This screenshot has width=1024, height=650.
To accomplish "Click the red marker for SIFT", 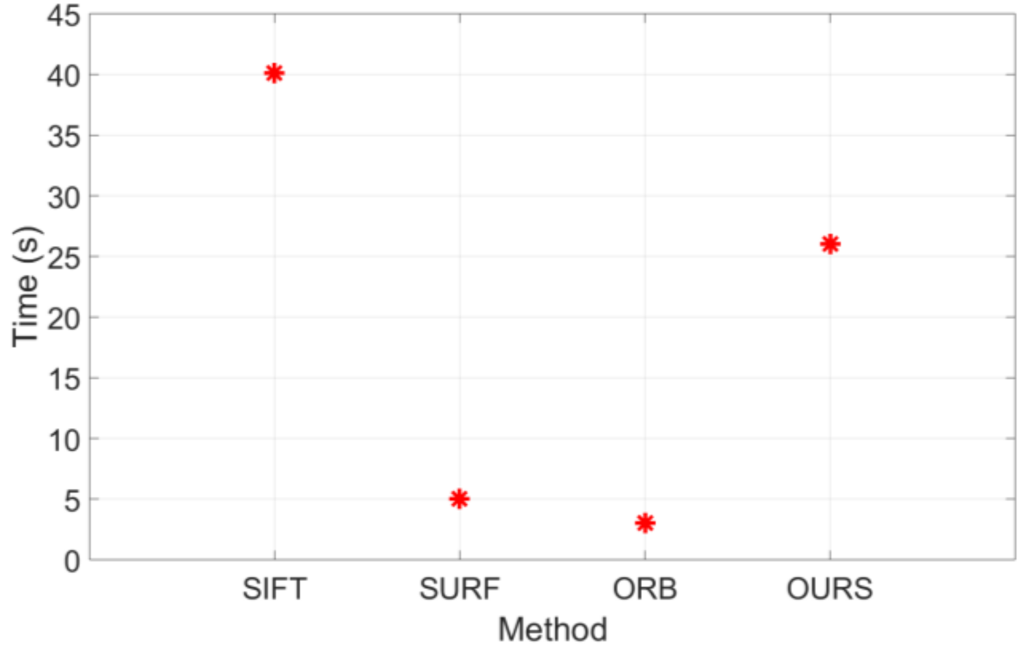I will (274, 73).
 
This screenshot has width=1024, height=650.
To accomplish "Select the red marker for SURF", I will (459, 499).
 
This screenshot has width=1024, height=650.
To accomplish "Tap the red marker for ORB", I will (645, 523).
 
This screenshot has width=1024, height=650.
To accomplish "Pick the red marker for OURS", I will (830, 244).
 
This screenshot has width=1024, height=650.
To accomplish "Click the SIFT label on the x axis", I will (274, 589).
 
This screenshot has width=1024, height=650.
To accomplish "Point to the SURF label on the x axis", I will (459, 589).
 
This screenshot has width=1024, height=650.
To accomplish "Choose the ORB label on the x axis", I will (645, 589).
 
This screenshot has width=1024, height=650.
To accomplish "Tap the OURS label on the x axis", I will (829, 589).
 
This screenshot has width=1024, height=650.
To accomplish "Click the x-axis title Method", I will (552, 630).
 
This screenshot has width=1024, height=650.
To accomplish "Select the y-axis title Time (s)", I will (26, 287).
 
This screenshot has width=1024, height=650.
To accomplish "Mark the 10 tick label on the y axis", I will (64, 440).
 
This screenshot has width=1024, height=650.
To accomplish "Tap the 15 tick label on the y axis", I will (64, 380).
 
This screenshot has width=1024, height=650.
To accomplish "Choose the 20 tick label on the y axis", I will (64, 319).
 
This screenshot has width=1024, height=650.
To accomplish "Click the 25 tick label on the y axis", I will (64, 259).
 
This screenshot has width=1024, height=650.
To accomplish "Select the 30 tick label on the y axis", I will (64, 198).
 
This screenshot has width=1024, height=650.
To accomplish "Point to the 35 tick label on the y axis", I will (64, 137).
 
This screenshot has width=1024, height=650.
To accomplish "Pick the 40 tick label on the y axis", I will (64, 77).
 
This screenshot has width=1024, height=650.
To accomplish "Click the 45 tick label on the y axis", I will (64, 16).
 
